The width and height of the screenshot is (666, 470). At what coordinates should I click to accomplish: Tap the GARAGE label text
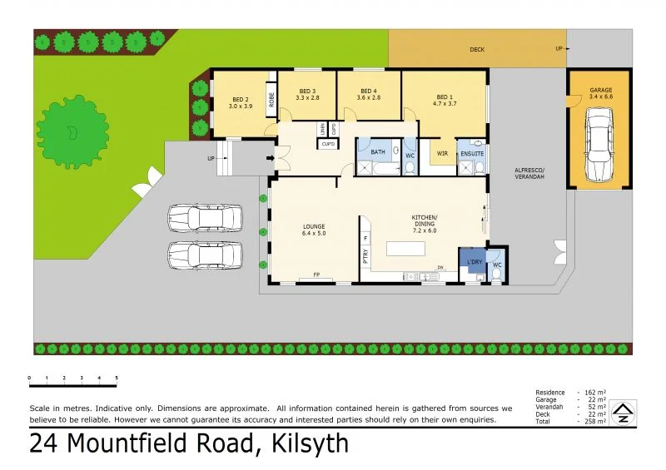pos(601,89)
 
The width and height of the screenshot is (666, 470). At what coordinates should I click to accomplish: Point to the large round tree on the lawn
pos(72,131)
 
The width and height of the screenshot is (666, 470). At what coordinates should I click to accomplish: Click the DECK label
pos(477,50)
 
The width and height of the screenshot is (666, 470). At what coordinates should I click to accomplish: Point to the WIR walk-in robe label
pos(442,154)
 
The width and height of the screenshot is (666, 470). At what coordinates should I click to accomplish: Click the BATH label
pos(378,152)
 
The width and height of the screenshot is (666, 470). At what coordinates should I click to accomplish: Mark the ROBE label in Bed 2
pos(271,100)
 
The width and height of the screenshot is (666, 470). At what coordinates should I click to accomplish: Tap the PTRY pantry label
pos(365,255)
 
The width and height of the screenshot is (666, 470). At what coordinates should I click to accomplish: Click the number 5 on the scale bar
pos(117,378)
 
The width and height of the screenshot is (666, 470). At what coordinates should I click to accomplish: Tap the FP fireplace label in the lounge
pos(316,275)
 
